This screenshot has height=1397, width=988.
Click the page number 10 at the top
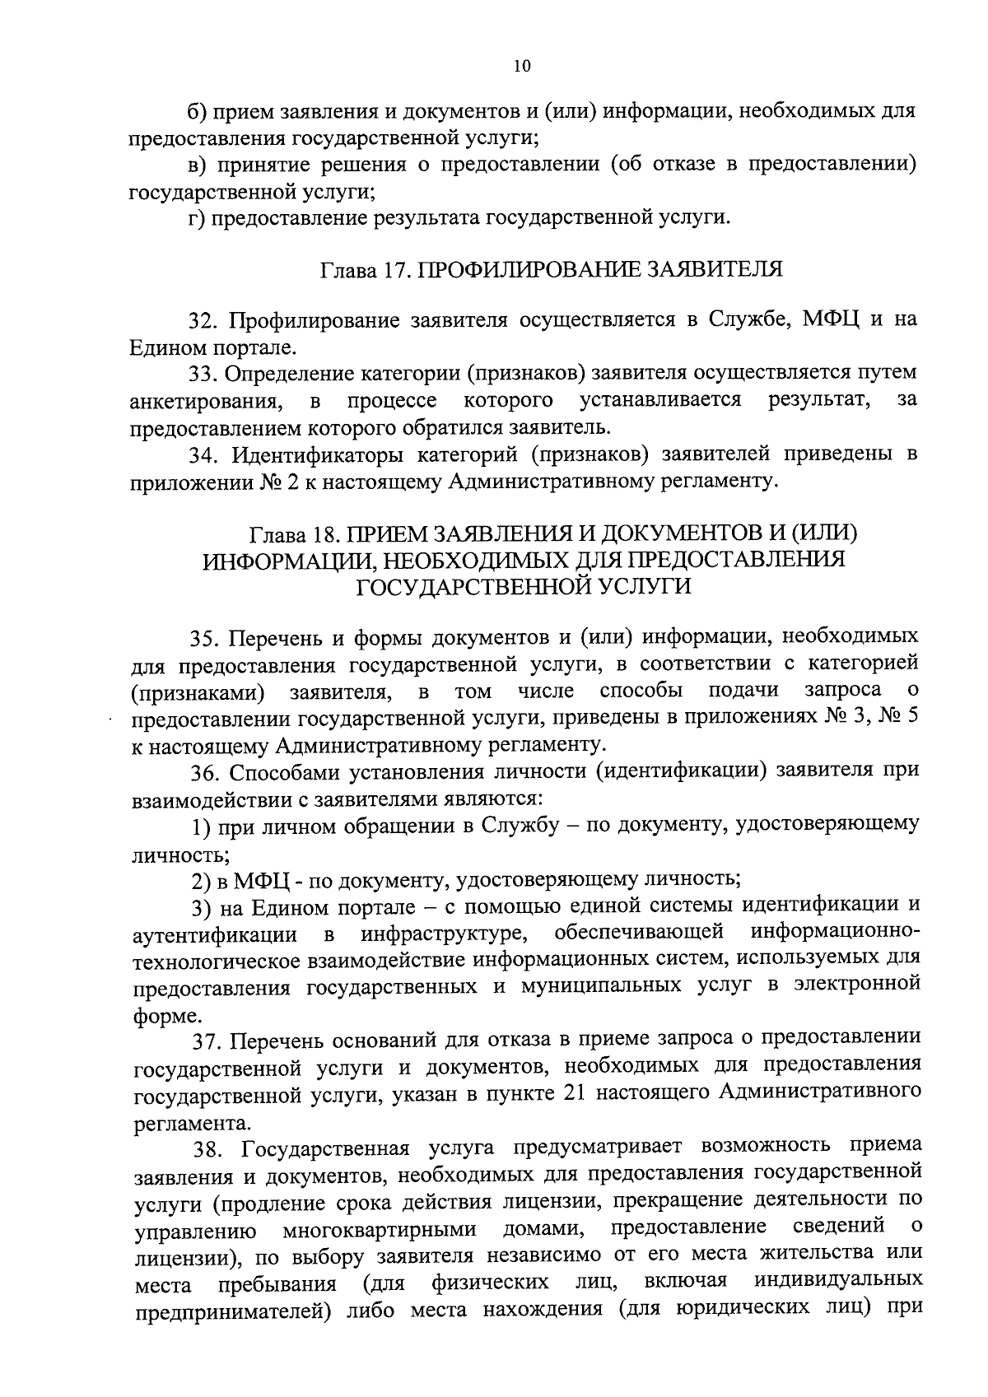(522, 66)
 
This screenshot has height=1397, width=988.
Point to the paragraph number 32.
(203, 319)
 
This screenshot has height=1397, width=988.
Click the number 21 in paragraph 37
(576, 1092)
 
